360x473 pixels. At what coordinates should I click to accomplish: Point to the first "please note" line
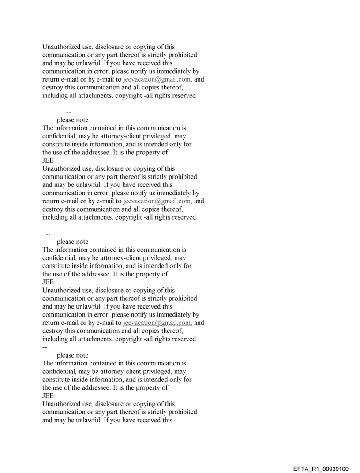click(x=72, y=120)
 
